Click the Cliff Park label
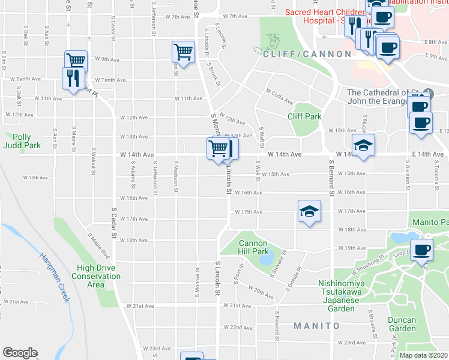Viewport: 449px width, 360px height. (304, 117)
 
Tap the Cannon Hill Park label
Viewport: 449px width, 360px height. (253, 247)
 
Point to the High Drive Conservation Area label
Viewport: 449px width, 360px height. (96, 276)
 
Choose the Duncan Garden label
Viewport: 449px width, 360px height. (402, 324)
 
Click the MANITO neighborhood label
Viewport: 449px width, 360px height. (317, 326)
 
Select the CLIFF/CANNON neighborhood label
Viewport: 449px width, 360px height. (307, 54)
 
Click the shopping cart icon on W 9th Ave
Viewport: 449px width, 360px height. (76, 61)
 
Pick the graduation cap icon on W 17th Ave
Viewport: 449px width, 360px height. (309, 211)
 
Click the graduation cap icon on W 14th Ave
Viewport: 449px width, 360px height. (363, 145)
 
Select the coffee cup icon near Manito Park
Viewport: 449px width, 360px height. (421, 249)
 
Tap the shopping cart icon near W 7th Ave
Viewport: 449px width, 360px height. (182, 51)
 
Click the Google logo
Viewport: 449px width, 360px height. (20, 353)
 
